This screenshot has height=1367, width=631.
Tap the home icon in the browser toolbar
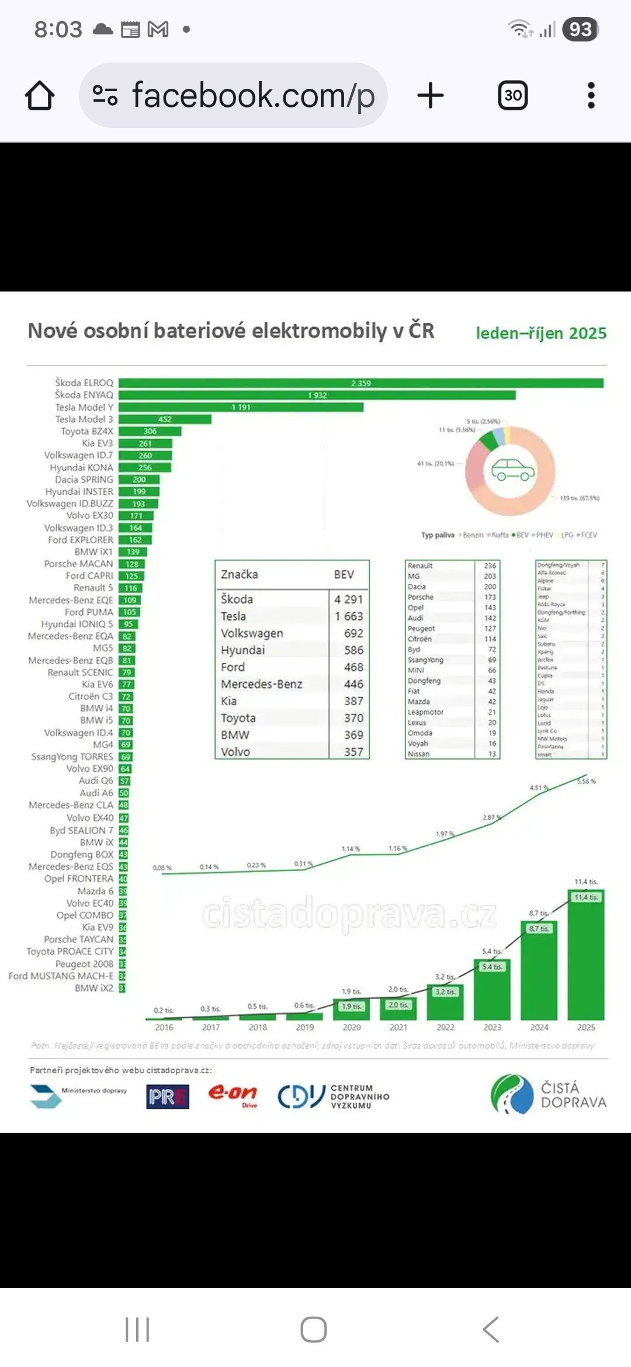(40, 95)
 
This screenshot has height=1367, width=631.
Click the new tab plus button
(431, 95)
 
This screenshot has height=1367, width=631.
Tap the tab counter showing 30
(512, 95)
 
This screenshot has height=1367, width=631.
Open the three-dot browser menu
(591, 95)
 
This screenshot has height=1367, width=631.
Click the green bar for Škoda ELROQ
(360, 383)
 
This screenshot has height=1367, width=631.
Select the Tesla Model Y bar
(241, 407)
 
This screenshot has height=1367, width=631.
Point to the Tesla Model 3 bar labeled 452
(165, 419)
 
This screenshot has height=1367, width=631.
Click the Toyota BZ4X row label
(87, 431)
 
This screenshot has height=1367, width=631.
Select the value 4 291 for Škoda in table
(349, 599)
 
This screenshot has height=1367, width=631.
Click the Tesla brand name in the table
(234, 616)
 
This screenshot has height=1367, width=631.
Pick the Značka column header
(240, 574)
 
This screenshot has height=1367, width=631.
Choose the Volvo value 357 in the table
(353, 752)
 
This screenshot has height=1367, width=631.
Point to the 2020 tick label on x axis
(352, 1027)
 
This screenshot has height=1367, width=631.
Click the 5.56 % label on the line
(586, 781)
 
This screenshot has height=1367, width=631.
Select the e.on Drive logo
(233, 1095)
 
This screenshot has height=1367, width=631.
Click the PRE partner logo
(168, 1097)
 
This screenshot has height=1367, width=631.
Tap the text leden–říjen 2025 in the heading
(541, 333)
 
